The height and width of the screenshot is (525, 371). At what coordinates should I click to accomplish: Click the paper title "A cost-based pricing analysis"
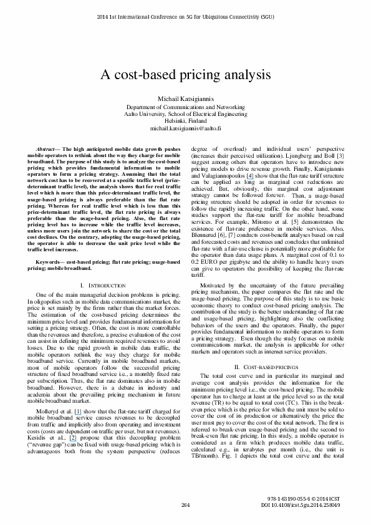[x=185, y=72]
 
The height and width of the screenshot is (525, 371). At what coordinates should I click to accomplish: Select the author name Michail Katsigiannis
[x=185, y=100]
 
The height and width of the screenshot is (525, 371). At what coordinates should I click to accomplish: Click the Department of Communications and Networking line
[x=185, y=107]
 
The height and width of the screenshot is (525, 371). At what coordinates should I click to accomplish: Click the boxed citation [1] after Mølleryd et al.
[x=78, y=395]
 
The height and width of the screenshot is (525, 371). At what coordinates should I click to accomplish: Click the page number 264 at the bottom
[x=185, y=504]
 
